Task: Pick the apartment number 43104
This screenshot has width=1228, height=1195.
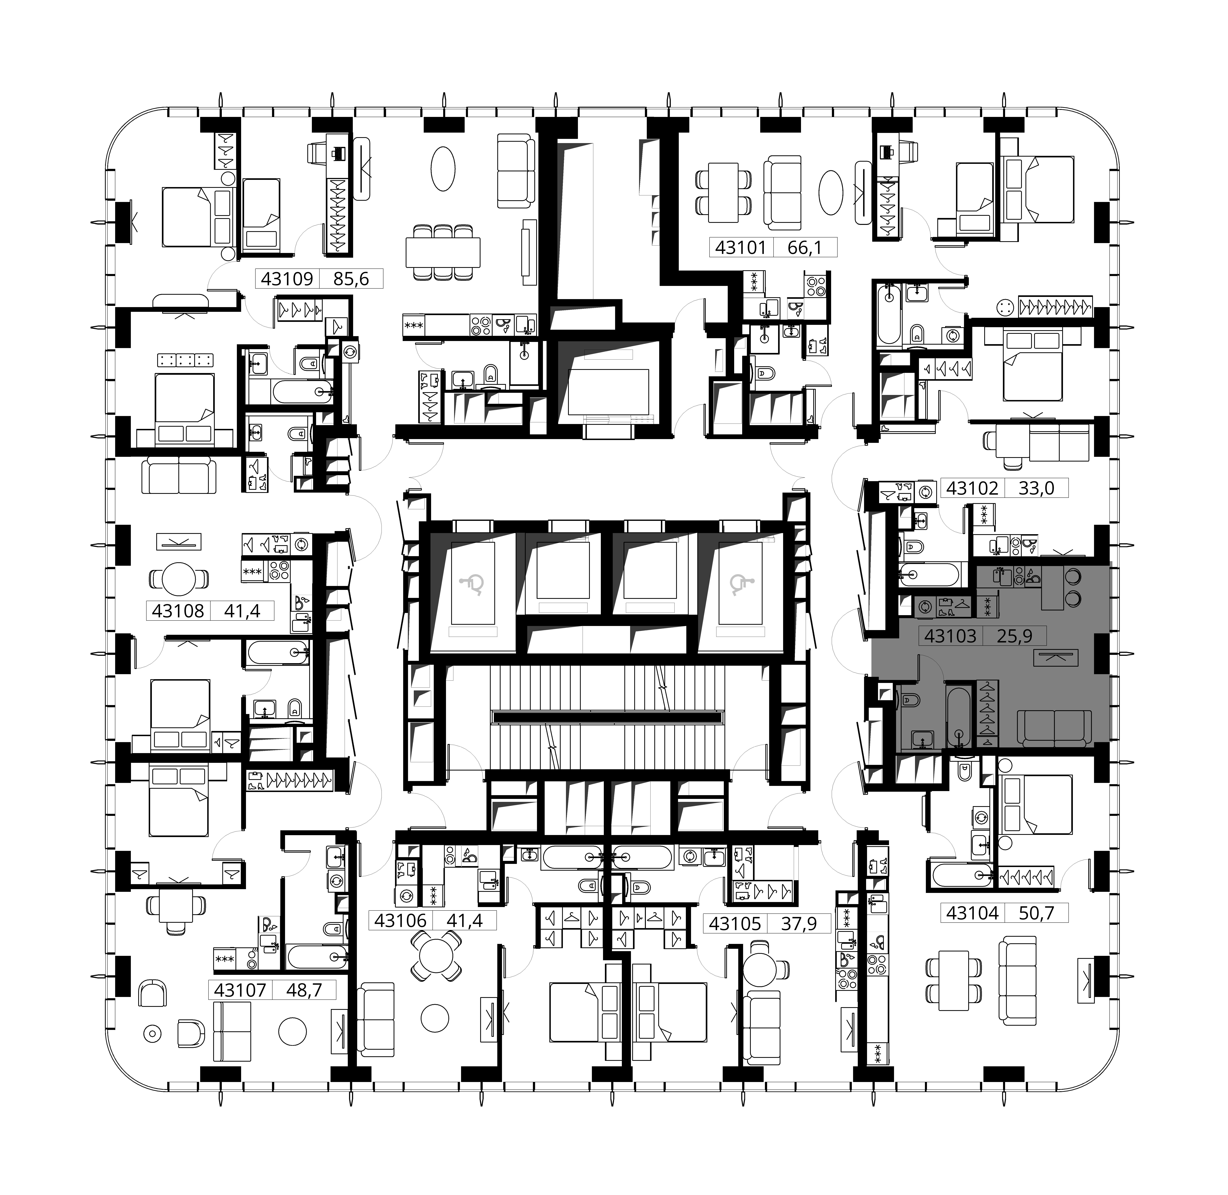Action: pyautogui.click(x=972, y=913)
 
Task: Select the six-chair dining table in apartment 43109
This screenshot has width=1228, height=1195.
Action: pyautogui.click(x=443, y=252)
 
